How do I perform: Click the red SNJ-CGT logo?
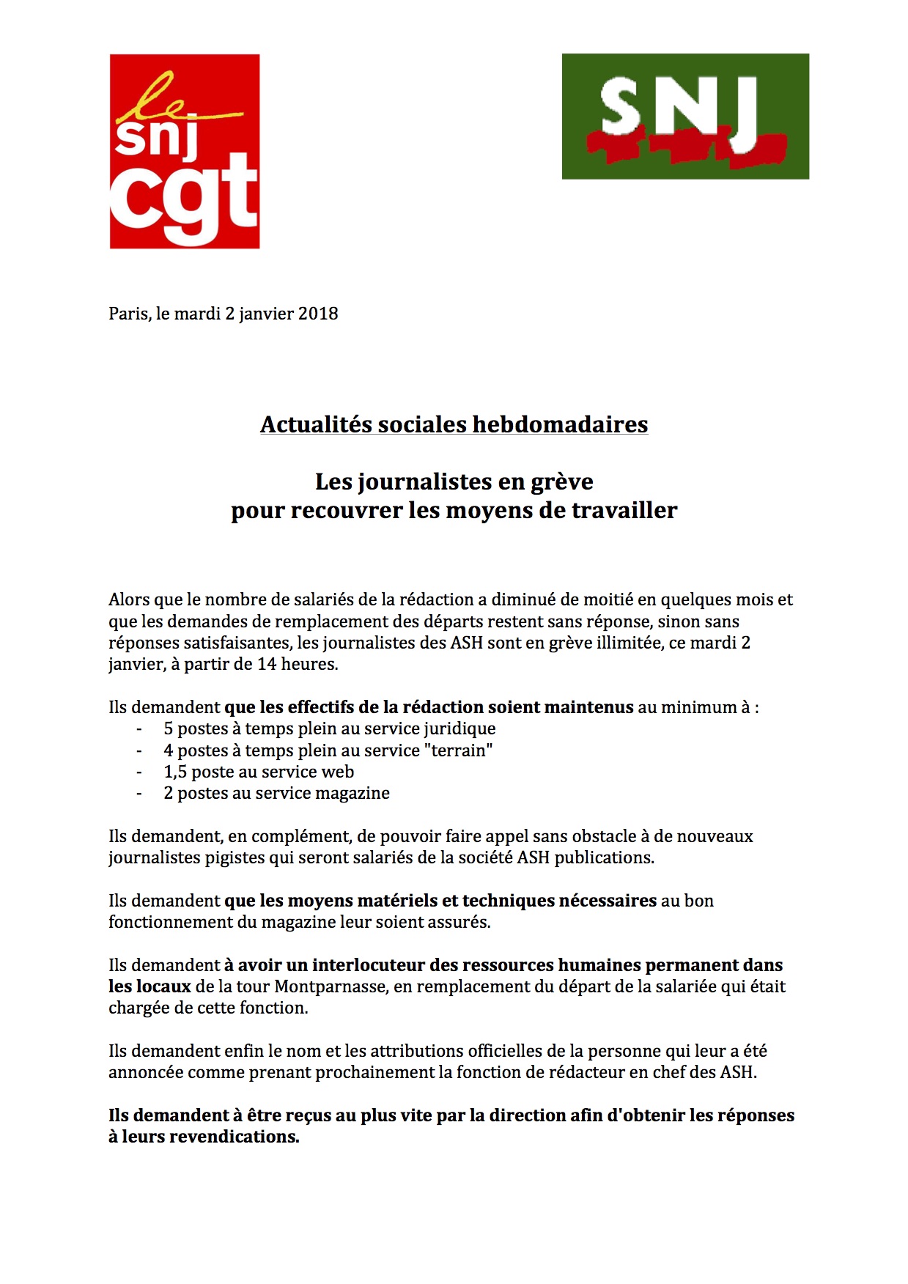[185, 151]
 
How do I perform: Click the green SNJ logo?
[685, 116]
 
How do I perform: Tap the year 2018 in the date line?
[319, 314]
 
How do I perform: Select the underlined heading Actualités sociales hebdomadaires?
[454, 424]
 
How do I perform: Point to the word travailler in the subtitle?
[624, 510]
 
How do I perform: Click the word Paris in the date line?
[129, 314]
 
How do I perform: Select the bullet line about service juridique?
[329, 728]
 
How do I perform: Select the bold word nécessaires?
[608, 901]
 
